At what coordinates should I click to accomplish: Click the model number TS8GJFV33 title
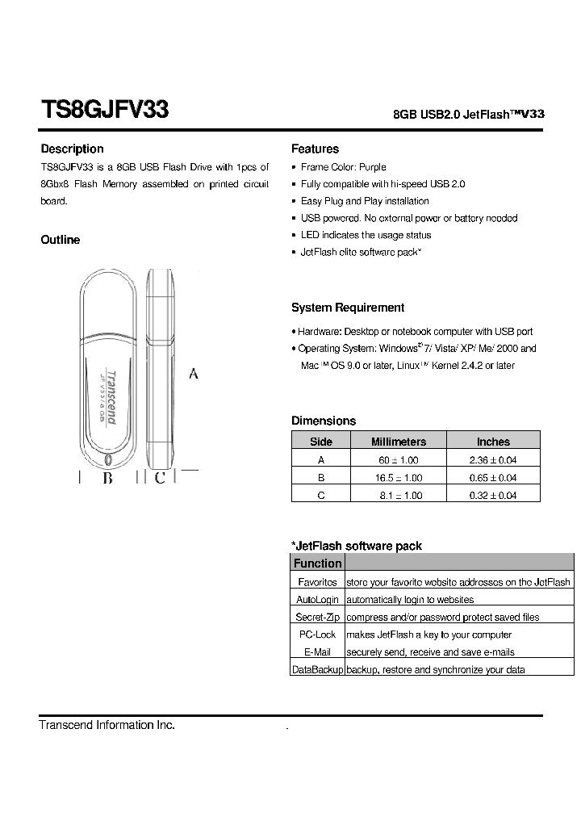click(104, 110)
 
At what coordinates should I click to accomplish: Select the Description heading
click(72, 149)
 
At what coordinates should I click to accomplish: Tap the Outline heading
click(61, 240)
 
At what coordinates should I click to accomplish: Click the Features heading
click(315, 149)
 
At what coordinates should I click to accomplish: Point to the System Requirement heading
click(348, 308)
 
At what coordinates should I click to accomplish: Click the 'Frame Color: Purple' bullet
click(343, 167)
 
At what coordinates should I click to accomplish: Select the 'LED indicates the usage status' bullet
click(366, 235)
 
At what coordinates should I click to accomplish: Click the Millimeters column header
click(398, 442)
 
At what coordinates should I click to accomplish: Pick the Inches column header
click(493, 442)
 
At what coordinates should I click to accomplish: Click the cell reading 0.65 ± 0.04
click(493, 477)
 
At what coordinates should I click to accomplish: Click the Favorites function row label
click(317, 582)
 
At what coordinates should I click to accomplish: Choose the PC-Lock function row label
click(317, 635)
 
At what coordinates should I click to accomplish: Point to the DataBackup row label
click(317, 670)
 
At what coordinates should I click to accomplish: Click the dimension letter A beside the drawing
click(193, 374)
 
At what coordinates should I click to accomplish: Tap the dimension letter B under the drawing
click(107, 478)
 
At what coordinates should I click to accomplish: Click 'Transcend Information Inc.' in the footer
click(107, 725)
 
